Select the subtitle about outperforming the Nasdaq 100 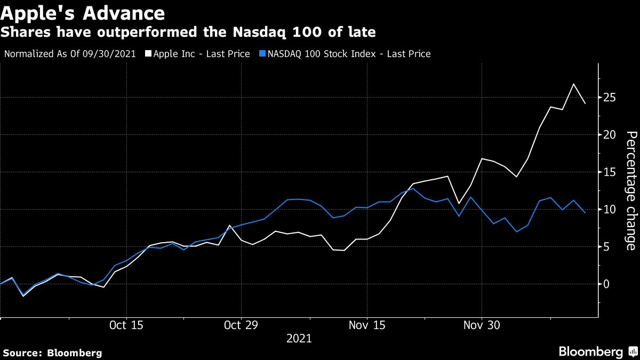click(x=188, y=33)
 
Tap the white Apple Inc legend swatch click(x=148, y=54)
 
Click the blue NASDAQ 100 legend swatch click(x=261, y=54)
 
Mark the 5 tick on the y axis click(x=607, y=246)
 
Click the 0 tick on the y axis click(x=607, y=284)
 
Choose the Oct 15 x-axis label click(x=126, y=325)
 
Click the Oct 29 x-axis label click(x=242, y=325)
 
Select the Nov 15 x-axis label click(x=367, y=325)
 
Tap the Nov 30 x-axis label click(x=482, y=325)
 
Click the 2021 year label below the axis click(x=299, y=339)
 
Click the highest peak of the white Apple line click(x=573, y=84)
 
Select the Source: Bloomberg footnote click(x=52, y=353)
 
